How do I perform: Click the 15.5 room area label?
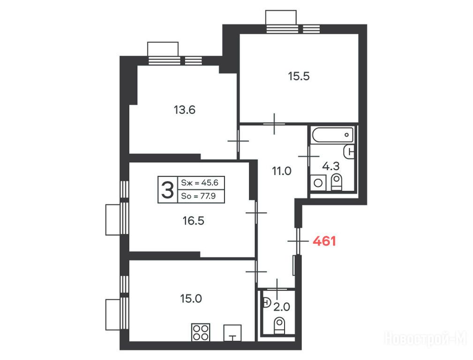[299, 76]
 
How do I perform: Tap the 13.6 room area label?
[184, 110]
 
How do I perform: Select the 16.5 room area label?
[193, 221]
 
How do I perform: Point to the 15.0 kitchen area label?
[191, 299]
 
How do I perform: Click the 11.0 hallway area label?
[282, 171]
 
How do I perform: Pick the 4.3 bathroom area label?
[331, 166]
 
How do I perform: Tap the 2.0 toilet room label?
[282, 307]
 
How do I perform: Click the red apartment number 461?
[324, 241]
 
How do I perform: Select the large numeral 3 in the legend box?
[167, 189]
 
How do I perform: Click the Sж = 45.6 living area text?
[199, 182]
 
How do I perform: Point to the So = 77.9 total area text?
[198, 196]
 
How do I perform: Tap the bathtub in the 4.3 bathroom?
[332, 135]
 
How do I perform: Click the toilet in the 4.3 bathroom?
[336, 182]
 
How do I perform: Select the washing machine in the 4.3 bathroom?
[318, 182]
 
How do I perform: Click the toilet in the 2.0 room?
[279, 325]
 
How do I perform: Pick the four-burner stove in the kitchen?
[201, 332]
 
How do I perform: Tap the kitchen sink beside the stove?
[232, 333]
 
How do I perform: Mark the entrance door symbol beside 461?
[298, 241]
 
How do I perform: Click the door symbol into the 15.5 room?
[274, 124]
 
